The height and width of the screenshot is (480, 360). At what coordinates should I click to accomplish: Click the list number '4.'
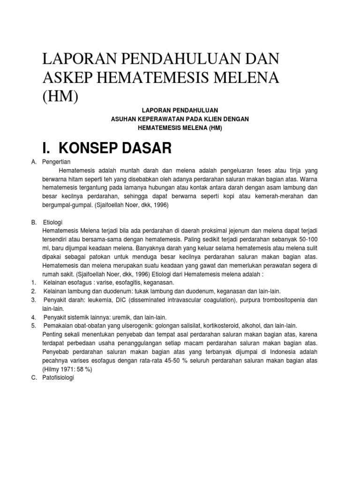(34, 317)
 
